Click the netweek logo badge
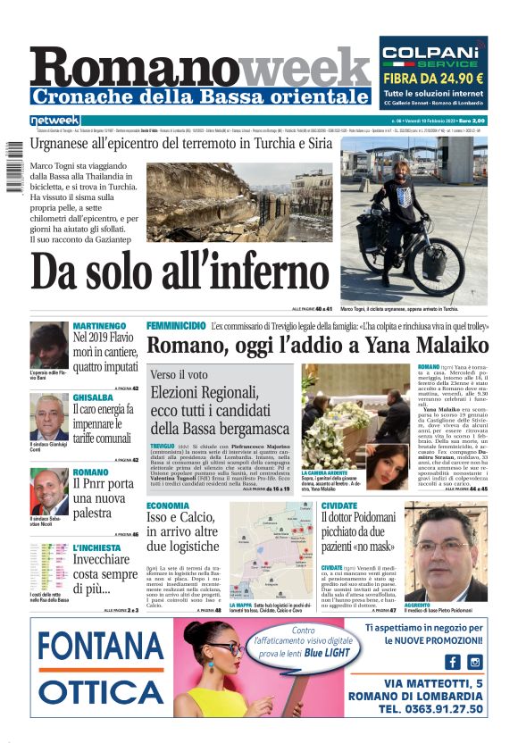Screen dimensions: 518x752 (55, 121)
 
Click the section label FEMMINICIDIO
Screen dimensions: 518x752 (176, 325)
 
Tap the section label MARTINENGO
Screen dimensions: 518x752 (98, 326)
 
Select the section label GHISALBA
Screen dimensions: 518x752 (93, 397)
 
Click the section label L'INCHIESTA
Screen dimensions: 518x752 (96, 547)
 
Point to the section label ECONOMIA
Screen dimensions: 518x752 (168, 506)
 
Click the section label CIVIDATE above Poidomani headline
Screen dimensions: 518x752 (339, 506)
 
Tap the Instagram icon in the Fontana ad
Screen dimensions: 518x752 (475, 662)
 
